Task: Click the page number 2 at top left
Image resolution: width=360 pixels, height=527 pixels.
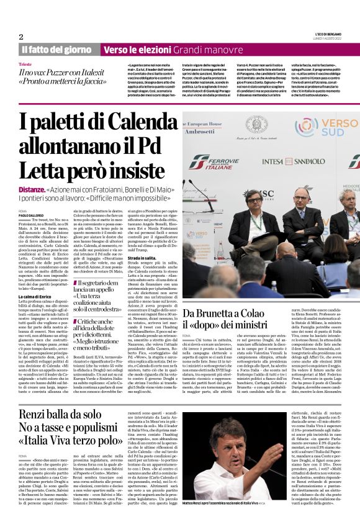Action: (21, 37)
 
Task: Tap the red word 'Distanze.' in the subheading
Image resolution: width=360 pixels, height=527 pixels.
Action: (30, 171)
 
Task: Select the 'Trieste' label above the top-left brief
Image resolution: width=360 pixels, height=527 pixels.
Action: (25, 64)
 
